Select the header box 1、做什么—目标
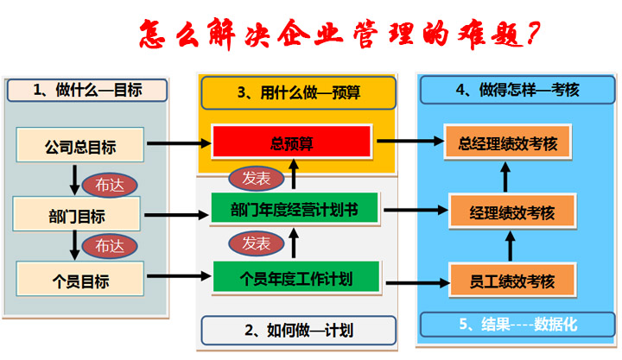click(86, 90)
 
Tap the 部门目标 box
click(76, 214)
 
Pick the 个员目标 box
click(79, 280)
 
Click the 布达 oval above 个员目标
click(110, 245)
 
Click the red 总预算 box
click(292, 142)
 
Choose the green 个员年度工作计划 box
click(295, 277)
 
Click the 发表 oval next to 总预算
click(257, 178)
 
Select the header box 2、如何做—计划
click(298, 330)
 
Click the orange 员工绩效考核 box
click(512, 281)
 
